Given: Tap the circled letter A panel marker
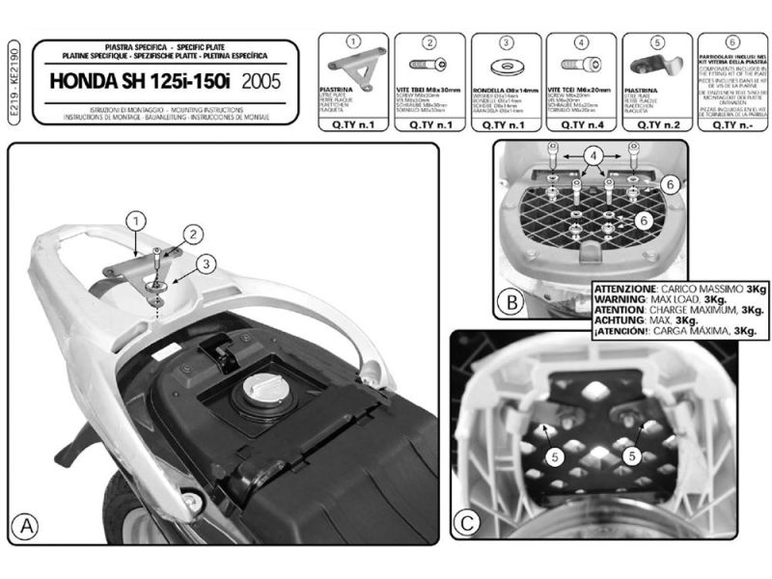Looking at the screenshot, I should tap(26, 527).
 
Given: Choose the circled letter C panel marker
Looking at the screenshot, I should tap(468, 524).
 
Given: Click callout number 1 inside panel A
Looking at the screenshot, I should tap(137, 219).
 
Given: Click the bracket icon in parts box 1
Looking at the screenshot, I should tap(352, 69).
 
